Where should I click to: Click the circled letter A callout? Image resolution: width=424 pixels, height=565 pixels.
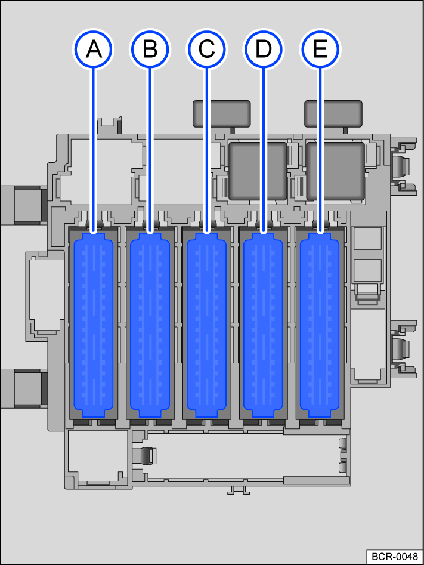[x=93, y=49]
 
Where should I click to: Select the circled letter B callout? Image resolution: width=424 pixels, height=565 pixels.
[x=150, y=49]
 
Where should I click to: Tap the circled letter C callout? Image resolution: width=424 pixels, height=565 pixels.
[x=206, y=49]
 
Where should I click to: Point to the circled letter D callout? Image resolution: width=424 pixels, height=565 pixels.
[x=264, y=49]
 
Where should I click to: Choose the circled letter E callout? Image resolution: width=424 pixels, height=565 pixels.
[x=320, y=49]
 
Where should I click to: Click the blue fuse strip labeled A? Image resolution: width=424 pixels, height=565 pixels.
[x=93, y=325]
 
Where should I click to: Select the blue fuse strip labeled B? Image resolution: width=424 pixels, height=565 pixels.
[x=150, y=325]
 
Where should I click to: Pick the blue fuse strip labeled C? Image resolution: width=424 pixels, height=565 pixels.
[x=206, y=325]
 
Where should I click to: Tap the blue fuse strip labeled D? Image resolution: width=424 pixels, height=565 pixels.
[x=264, y=325]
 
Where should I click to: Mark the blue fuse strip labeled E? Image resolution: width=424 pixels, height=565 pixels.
[x=320, y=325]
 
